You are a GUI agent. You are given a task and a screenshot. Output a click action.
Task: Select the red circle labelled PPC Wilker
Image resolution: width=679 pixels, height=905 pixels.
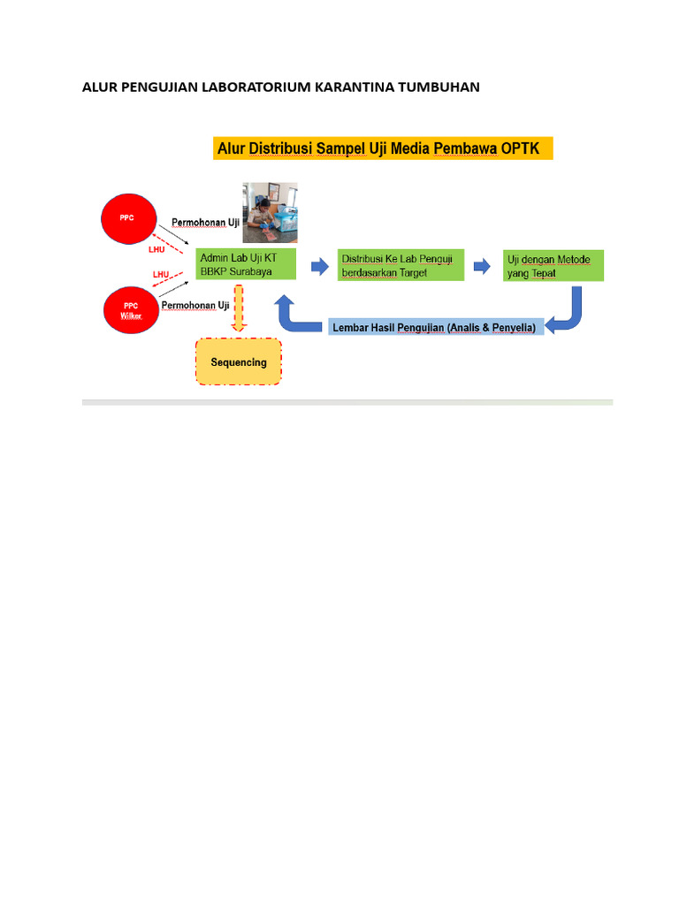[x=131, y=310]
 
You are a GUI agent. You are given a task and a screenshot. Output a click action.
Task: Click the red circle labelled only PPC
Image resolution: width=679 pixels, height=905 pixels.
[x=131, y=217]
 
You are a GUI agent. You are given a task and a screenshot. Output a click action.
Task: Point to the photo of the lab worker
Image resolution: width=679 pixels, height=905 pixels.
[x=271, y=212]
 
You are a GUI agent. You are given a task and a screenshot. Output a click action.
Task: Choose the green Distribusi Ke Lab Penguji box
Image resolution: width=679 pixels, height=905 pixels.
[x=401, y=265]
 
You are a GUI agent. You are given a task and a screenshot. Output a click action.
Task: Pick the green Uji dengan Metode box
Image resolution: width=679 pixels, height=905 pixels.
[x=553, y=265]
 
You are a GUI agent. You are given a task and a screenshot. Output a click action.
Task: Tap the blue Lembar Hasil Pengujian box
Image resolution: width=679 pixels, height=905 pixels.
[x=434, y=328]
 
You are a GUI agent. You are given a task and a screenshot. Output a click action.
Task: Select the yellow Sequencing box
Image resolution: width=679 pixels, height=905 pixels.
[x=238, y=361]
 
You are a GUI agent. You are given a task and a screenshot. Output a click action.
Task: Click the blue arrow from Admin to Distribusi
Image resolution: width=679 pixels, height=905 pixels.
[x=317, y=264]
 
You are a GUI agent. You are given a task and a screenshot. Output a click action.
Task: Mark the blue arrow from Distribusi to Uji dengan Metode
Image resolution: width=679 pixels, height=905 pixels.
[x=482, y=265]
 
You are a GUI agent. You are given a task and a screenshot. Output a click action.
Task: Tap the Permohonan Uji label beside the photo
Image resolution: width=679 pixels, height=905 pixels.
[x=206, y=223]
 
